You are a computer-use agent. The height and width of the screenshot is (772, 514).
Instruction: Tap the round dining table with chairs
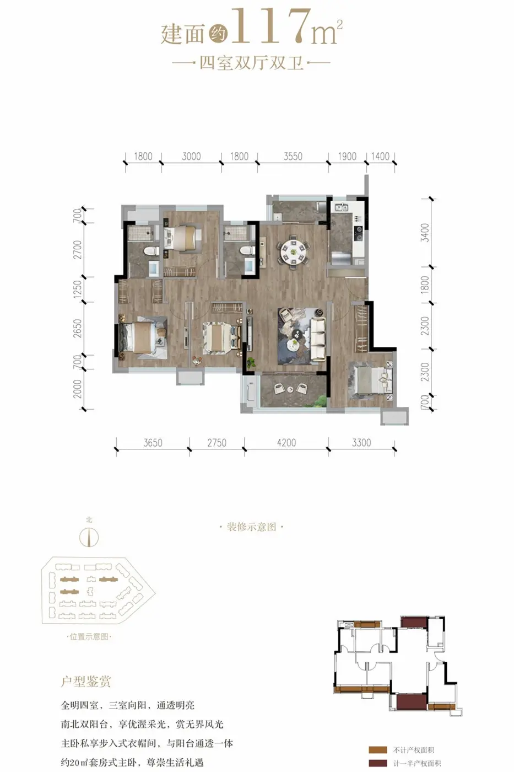(293, 251)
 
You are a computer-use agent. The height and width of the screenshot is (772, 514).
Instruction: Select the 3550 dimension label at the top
(293, 156)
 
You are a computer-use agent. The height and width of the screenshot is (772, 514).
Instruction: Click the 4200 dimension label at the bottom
(286, 442)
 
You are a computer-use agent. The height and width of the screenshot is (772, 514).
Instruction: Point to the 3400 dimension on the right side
(425, 233)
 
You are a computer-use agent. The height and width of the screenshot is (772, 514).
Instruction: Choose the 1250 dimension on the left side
(78, 289)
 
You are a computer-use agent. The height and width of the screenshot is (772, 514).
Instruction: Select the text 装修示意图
(251, 527)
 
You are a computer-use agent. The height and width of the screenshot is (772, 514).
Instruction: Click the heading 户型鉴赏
(86, 682)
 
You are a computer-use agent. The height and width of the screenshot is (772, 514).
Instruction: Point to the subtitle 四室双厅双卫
(252, 63)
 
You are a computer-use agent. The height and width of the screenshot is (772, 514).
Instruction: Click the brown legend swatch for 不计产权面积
(378, 750)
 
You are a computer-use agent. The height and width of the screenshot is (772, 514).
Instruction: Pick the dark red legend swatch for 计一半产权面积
(378, 763)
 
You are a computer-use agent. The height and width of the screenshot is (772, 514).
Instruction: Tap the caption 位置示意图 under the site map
(89, 636)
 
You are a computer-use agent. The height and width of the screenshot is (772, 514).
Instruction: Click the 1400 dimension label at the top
(380, 156)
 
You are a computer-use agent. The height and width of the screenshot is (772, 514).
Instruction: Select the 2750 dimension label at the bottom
(217, 442)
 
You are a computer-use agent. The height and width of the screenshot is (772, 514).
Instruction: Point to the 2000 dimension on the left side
(78, 389)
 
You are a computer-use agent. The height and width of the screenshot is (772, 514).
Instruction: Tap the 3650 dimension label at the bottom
(153, 442)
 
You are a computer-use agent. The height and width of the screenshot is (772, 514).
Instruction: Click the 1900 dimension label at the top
(347, 156)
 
